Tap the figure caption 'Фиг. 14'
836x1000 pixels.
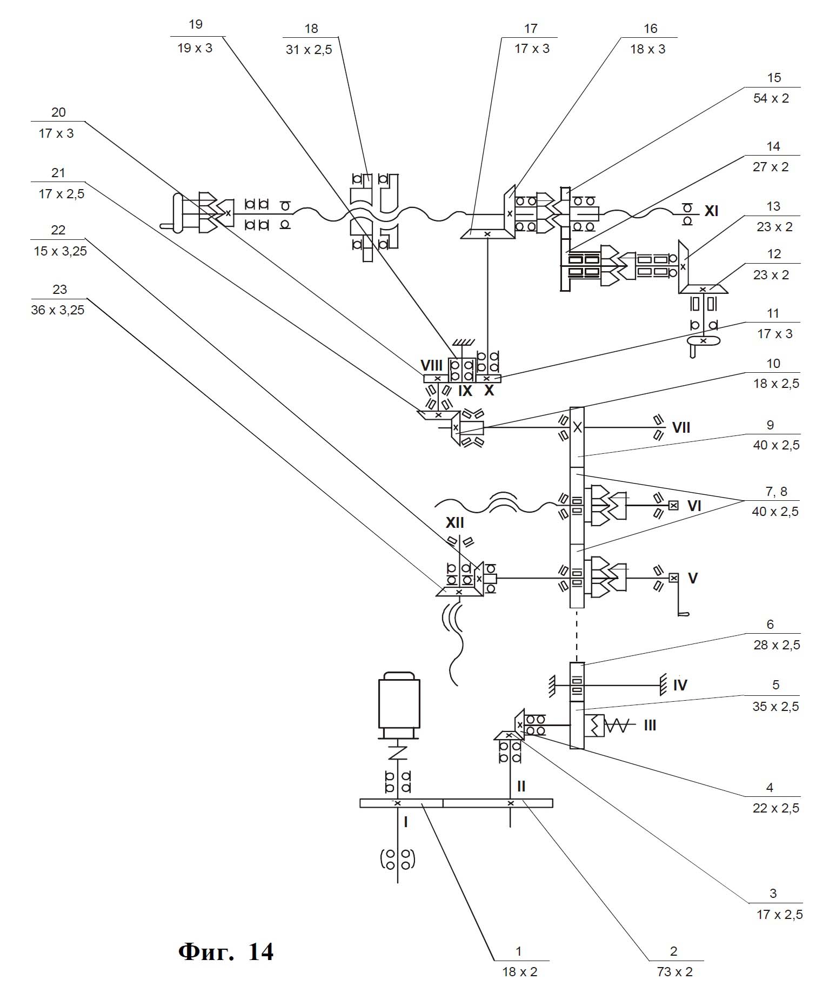[226, 951]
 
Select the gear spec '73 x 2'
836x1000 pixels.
[674, 972]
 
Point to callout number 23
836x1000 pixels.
[59, 290]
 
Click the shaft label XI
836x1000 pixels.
[711, 211]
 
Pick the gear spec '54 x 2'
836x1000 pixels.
[771, 98]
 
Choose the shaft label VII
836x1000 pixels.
[681, 428]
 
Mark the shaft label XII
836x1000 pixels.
[454, 522]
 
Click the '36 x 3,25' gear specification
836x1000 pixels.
[58, 310]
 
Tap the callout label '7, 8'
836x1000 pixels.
[776, 491]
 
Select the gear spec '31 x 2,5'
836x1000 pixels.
[309, 50]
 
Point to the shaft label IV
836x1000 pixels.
[680, 686]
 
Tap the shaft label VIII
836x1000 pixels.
[431, 366]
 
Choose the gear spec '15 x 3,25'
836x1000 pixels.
[60, 251]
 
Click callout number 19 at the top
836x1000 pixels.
[196, 24]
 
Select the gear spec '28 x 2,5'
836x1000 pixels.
[777, 645]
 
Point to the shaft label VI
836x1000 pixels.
[694, 506]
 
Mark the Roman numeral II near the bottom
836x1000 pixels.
[521, 787]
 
